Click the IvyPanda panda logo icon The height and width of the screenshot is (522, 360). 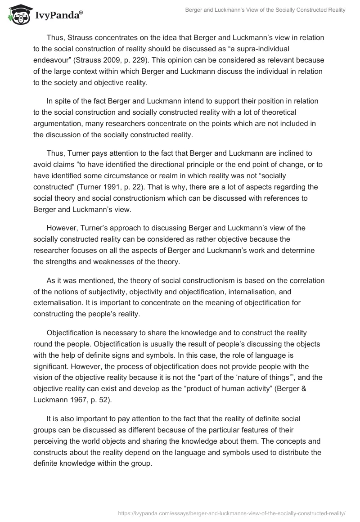(x=18, y=15)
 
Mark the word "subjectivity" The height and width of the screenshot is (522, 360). (x=125, y=292)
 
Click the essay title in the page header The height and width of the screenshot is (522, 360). (x=265, y=10)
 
